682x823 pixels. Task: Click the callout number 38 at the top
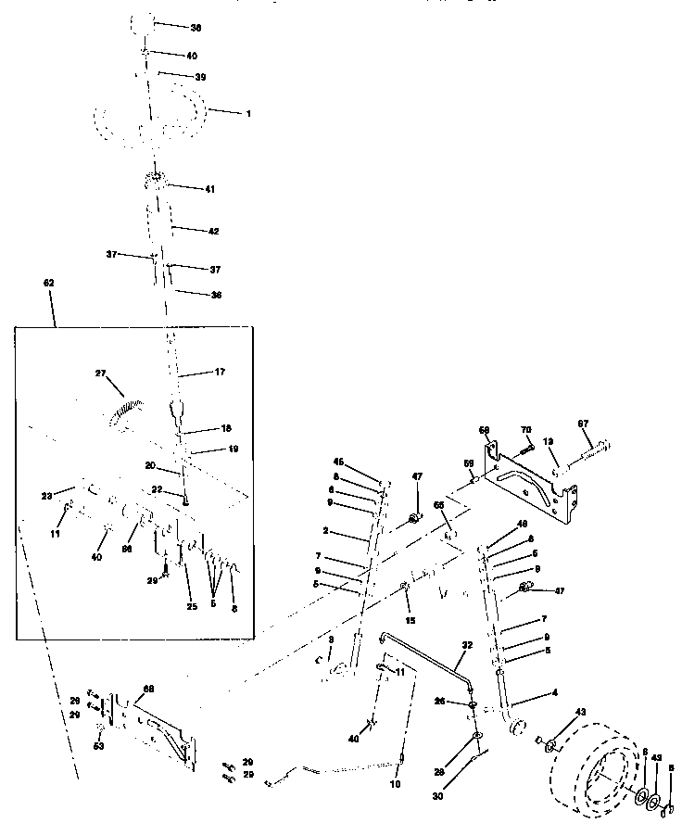pyautogui.click(x=196, y=28)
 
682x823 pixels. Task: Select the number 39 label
pyautogui.click(x=200, y=77)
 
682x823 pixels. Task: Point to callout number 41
pyautogui.click(x=210, y=189)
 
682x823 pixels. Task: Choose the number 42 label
pyautogui.click(x=213, y=230)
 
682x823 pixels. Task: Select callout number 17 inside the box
pyautogui.click(x=221, y=373)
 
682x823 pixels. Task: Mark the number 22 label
pyautogui.click(x=158, y=491)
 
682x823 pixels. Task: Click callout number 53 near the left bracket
pyautogui.click(x=99, y=745)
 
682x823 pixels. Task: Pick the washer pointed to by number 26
pyautogui.click(x=473, y=703)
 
